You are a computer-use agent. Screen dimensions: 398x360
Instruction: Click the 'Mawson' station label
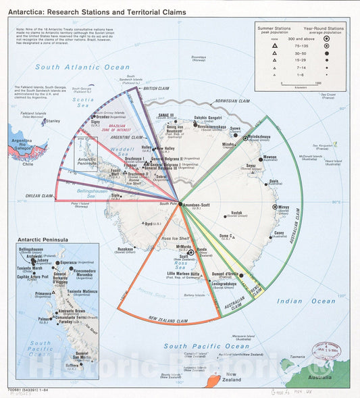pyautogui.click(x=269, y=157)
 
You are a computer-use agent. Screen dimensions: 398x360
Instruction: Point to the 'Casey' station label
pyautogui.click(x=278, y=233)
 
